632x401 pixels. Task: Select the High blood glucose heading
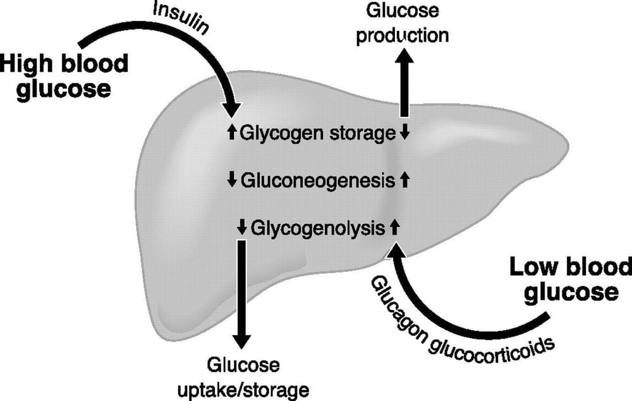[63, 76]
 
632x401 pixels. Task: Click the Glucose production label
[402, 23]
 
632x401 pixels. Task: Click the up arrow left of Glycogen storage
[231, 133]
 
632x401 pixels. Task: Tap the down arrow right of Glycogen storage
[404, 133]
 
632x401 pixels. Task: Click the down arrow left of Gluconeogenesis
[231, 181]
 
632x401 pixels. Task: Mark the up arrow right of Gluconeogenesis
[405, 181]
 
